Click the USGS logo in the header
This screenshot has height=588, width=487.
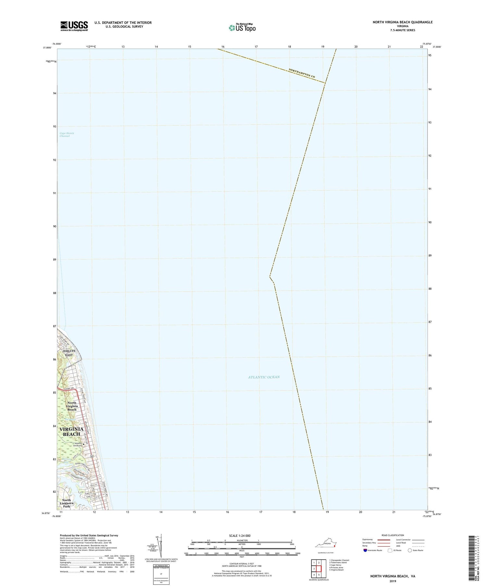click(74, 26)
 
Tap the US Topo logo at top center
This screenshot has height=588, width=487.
click(242, 28)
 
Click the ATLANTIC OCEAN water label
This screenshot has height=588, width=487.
click(264, 377)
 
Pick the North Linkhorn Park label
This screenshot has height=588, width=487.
click(67, 503)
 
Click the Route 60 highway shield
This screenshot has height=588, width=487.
click(92, 457)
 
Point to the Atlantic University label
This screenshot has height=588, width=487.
click(75, 444)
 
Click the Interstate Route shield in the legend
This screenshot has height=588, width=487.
click(365, 550)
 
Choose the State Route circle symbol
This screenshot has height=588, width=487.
click(410, 550)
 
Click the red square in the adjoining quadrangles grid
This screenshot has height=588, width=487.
click(319, 569)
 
